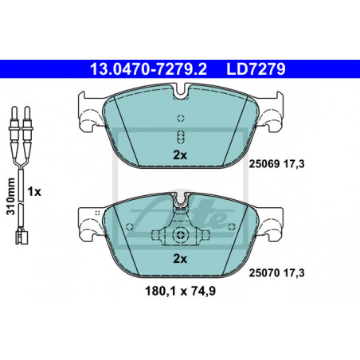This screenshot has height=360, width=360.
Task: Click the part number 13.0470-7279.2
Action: (x=148, y=69)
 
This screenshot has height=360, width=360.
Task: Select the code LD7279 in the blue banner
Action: (x=256, y=69)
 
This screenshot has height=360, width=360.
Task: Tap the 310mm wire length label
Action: (x=11, y=197)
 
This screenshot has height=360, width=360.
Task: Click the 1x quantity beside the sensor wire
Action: (x=34, y=191)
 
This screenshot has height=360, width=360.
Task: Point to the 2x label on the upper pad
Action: (x=180, y=155)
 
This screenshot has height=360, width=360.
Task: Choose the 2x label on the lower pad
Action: (x=180, y=258)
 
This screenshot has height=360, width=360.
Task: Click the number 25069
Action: (x=264, y=164)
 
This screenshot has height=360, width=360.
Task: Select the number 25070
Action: (x=264, y=272)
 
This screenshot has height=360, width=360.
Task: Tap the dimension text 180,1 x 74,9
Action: (x=180, y=292)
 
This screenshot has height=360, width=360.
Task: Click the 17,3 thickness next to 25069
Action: (x=294, y=164)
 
